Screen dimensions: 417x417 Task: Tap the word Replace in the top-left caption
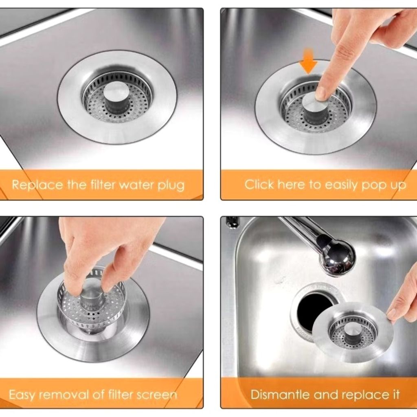pos(37,184)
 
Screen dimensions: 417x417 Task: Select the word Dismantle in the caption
pos(281,394)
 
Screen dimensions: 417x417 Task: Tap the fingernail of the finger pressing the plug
pos(320,94)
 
